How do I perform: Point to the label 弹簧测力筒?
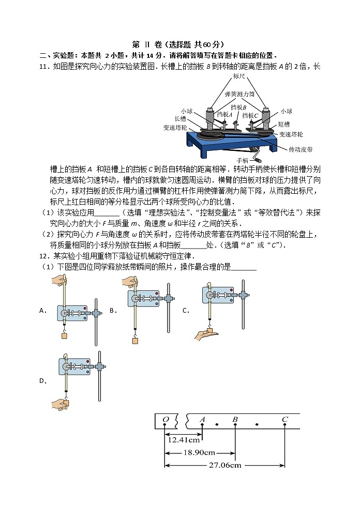(x=239, y=95)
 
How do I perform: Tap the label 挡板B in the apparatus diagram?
(x=238, y=107)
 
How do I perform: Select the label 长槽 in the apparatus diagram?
(x=187, y=118)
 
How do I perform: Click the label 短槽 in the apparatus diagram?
(x=284, y=124)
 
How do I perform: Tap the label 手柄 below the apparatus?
(x=243, y=160)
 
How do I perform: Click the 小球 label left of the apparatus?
(x=187, y=111)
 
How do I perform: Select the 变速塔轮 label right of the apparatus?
(x=293, y=134)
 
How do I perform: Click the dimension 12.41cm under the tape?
(x=184, y=440)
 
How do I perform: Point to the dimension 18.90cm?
(x=200, y=453)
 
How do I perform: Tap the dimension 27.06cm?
(x=225, y=465)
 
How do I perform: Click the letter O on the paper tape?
(x=166, y=419)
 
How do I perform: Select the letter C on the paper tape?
(x=284, y=419)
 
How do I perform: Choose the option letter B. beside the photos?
(x=113, y=311)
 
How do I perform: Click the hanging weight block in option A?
(x=65, y=335)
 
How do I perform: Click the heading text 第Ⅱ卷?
(x=147, y=44)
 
